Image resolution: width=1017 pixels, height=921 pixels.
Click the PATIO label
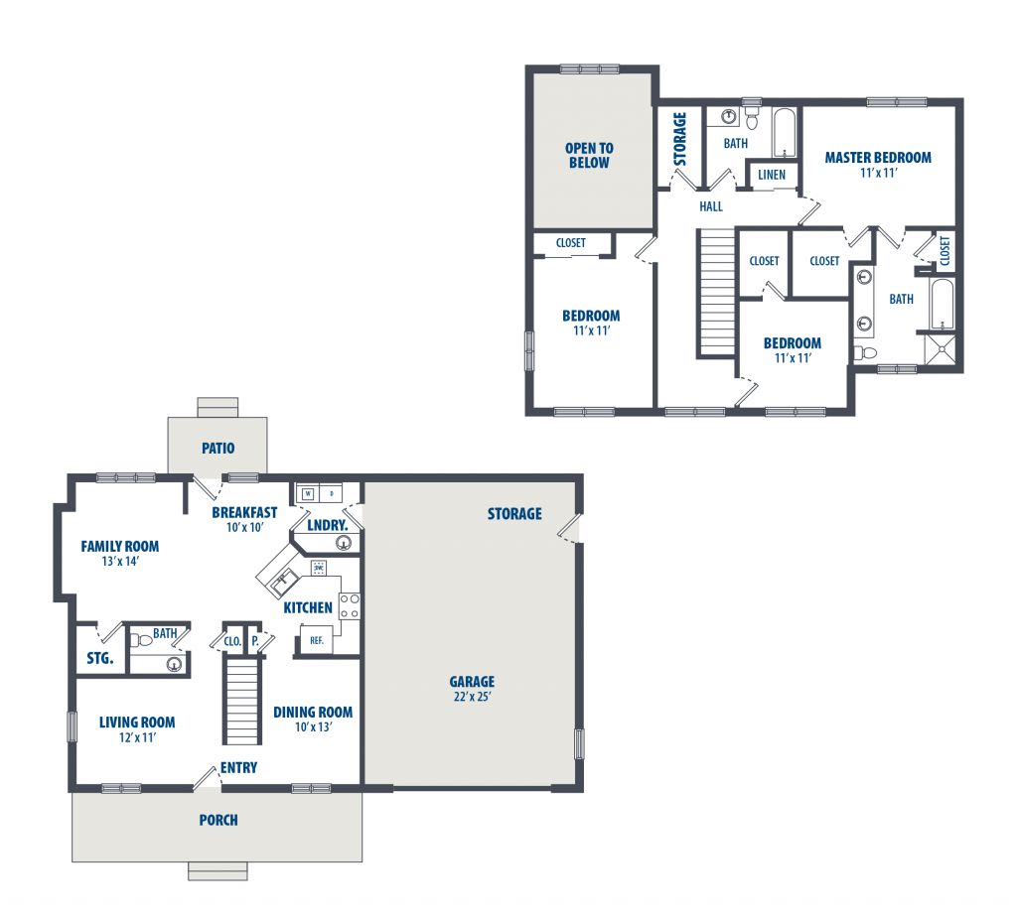coord(218,448)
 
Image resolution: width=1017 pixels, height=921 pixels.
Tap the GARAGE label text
coord(472,681)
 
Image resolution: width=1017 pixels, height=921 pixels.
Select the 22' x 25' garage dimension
coord(472,697)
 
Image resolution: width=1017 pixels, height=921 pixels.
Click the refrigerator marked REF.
coord(317,640)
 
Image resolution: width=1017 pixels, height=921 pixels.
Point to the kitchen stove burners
coord(350,605)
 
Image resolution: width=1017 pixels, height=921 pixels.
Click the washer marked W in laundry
coord(308,493)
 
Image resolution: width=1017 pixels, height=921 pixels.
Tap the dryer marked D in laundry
coord(332,493)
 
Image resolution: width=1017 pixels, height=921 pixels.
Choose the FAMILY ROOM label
coord(120,547)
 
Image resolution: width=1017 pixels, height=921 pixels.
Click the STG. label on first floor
coord(100,659)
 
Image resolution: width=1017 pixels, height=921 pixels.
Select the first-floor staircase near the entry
coord(242,700)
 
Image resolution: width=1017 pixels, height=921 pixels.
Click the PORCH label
coord(218,820)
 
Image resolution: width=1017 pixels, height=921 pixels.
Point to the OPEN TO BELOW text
coord(589,156)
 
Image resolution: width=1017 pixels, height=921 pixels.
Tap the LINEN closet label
coord(772,175)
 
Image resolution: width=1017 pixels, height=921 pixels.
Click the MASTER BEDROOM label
coord(878,158)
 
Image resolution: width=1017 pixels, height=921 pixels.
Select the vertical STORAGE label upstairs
coord(679,139)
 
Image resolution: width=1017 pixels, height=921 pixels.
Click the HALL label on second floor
coord(711,206)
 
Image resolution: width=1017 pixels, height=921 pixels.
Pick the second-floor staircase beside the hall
coord(717,292)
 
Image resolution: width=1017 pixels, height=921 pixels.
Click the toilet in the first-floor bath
coord(141,641)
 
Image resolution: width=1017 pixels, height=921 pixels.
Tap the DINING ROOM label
coord(313,713)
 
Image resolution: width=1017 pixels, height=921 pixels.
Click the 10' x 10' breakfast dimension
coord(244,528)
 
